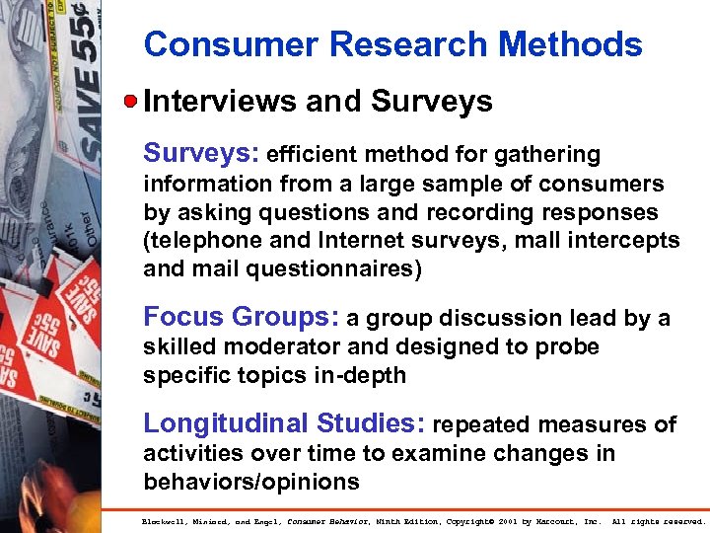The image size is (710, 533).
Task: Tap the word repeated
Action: coord(476,425)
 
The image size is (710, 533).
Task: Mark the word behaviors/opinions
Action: coord(250,482)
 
